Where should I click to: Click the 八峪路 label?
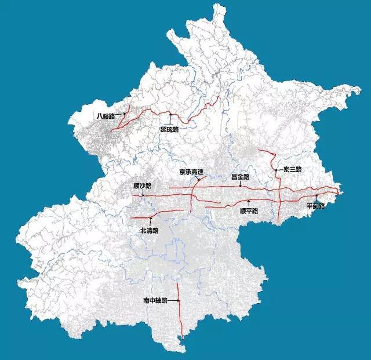[x=106, y=116]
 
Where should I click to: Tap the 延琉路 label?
[x=169, y=129]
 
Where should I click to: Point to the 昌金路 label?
[x=239, y=176]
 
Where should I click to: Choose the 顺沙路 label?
[x=142, y=186]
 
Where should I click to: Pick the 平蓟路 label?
[x=316, y=206]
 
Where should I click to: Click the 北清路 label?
[x=149, y=230]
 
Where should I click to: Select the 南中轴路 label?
[x=155, y=301]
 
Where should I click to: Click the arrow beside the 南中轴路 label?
[x=173, y=301]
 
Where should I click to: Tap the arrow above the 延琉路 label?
[x=170, y=119]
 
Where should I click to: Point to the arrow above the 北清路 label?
[x=150, y=221]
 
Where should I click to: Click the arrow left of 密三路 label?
[x=279, y=170]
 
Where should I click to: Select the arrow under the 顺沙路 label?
[x=143, y=193]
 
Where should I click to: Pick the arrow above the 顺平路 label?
[x=249, y=202]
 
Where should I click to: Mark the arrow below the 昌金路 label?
[x=240, y=184]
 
